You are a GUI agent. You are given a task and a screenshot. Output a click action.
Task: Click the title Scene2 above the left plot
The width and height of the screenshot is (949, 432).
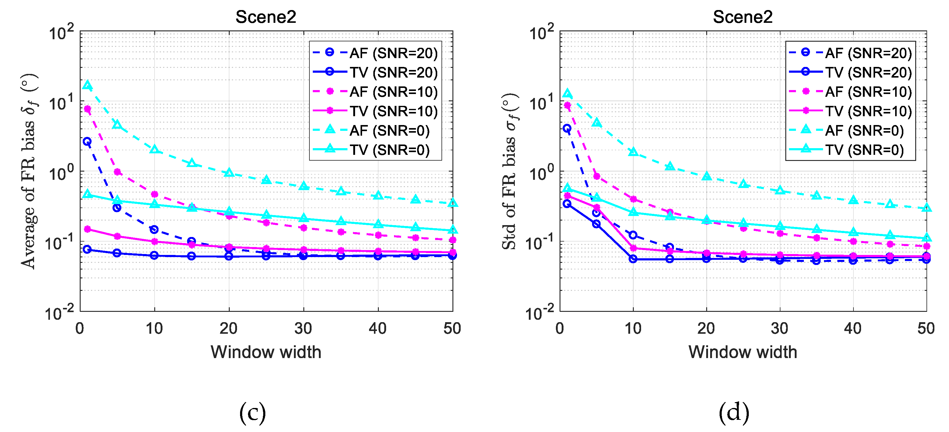(266, 17)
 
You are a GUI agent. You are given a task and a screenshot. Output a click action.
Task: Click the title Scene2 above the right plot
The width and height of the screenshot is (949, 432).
(742, 17)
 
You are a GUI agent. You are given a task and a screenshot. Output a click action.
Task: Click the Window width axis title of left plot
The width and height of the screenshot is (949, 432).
(266, 352)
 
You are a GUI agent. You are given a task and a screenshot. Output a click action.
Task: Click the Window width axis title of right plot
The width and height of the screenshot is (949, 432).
(742, 352)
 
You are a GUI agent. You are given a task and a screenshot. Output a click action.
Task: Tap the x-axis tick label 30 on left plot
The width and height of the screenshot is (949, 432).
(303, 328)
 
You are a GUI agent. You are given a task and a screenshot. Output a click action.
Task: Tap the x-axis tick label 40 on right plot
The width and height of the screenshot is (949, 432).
(853, 328)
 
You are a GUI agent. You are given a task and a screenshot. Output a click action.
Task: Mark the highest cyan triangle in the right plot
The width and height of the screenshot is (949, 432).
(567, 93)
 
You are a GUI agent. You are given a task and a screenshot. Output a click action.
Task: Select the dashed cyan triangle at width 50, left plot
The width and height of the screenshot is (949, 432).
(453, 203)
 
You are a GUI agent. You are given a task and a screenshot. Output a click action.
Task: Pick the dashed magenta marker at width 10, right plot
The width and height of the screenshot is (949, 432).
(633, 199)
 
